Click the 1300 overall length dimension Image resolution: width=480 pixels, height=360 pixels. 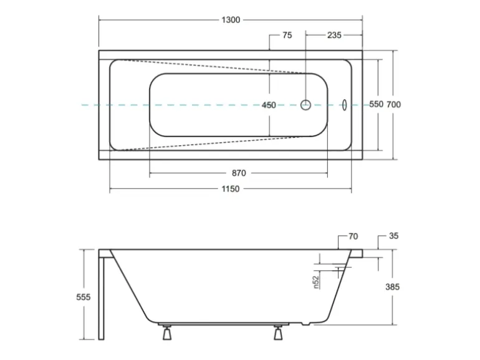pyautogui.click(x=230, y=20)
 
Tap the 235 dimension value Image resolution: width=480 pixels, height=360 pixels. pyautogui.click(x=334, y=36)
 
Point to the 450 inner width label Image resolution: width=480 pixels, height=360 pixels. pyautogui.click(x=269, y=105)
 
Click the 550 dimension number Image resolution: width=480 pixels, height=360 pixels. pyautogui.click(x=376, y=105)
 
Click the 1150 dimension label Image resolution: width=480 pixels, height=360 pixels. pyautogui.click(x=230, y=189)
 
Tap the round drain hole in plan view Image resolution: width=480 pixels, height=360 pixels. pyautogui.click(x=306, y=105)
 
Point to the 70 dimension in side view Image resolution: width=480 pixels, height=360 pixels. pyautogui.click(x=353, y=237)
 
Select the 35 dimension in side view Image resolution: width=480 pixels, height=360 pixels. pyautogui.click(x=393, y=237)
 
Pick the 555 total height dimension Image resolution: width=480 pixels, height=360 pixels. pyautogui.click(x=84, y=297)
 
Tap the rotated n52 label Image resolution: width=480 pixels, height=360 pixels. pyautogui.click(x=317, y=282)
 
